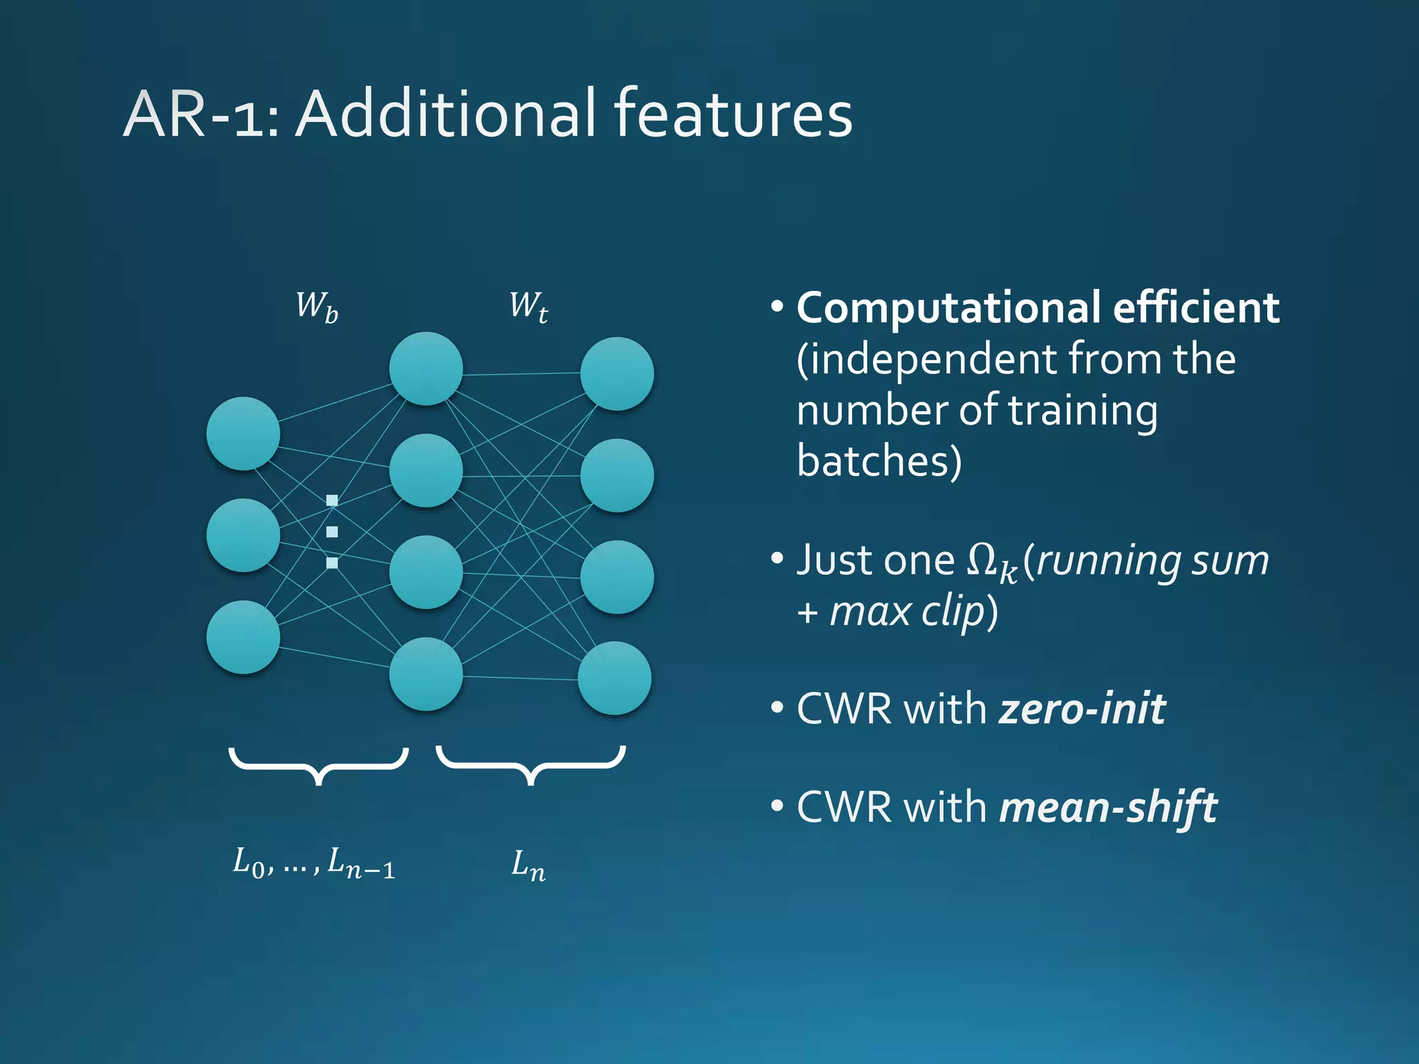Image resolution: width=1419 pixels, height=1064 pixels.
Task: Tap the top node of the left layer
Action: coord(243,434)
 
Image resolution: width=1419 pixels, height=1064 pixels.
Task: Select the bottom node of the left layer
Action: coord(243,637)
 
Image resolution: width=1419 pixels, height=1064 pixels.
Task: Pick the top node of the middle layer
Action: coord(426,369)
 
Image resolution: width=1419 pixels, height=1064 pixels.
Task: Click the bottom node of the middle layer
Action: coord(426,674)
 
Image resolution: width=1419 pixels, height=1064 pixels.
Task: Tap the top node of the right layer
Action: coord(617,374)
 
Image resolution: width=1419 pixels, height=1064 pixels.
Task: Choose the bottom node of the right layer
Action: coord(615,678)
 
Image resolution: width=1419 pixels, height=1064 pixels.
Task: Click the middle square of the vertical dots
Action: coord(332,532)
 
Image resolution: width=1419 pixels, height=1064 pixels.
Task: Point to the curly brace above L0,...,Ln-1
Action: coord(319,764)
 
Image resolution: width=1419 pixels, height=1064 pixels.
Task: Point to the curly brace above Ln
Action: coord(531,764)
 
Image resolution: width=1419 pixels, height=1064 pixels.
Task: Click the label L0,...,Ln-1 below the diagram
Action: coord(314,863)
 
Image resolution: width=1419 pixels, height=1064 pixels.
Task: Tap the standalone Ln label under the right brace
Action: coord(528,865)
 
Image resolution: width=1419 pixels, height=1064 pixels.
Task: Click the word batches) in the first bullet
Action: coord(879,461)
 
